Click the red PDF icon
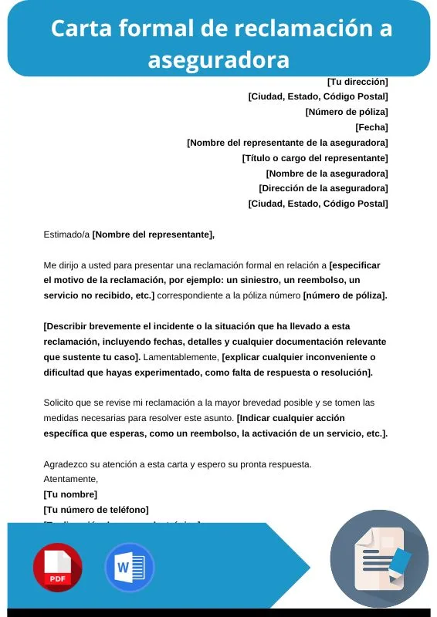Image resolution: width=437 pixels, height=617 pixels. [x=57, y=568]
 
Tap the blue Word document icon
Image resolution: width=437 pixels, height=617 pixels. [x=129, y=568]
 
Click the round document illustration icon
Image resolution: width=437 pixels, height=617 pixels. [x=379, y=558]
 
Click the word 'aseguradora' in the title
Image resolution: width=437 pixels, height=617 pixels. [x=218, y=59]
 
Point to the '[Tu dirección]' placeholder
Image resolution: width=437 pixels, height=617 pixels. [x=357, y=81]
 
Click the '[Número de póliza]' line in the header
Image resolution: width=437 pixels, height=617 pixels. [x=347, y=112]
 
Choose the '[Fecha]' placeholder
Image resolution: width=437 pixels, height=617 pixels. [x=371, y=127]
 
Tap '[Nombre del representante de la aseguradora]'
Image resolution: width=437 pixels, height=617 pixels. [x=287, y=143]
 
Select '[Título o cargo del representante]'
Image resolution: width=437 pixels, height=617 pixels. [x=315, y=158]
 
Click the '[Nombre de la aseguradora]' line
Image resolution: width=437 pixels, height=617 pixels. [x=327, y=174]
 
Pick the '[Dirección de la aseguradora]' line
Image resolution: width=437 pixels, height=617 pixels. [x=324, y=188]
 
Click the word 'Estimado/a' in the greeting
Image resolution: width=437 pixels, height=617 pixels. [x=66, y=234]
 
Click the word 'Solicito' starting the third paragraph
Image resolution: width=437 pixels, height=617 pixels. [x=60, y=403]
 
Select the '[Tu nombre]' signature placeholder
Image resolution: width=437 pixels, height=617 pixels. [x=70, y=494]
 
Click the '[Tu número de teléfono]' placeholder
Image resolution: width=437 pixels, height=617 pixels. [x=96, y=510]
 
